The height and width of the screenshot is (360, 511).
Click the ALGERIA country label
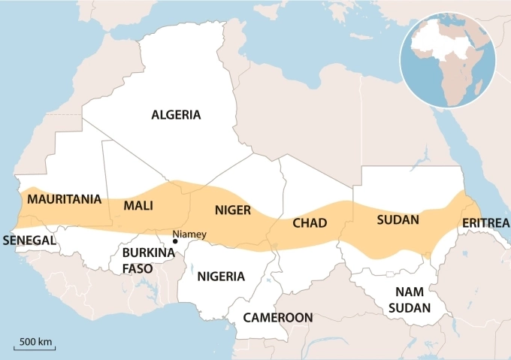[x=176, y=115]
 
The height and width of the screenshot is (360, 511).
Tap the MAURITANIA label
[x=63, y=199]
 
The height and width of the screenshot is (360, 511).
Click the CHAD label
[x=309, y=223]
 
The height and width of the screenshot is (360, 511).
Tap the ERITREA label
[x=485, y=223]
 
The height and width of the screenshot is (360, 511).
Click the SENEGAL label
[x=30, y=241]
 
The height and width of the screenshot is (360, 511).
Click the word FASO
[x=138, y=268]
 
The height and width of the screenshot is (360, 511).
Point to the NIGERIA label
[x=221, y=276]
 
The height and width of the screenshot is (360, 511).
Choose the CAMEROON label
[x=277, y=318]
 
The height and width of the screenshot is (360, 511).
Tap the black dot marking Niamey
[x=174, y=241]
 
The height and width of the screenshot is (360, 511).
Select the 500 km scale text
[x=35, y=342]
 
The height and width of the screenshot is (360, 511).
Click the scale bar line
[x=35, y=349]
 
